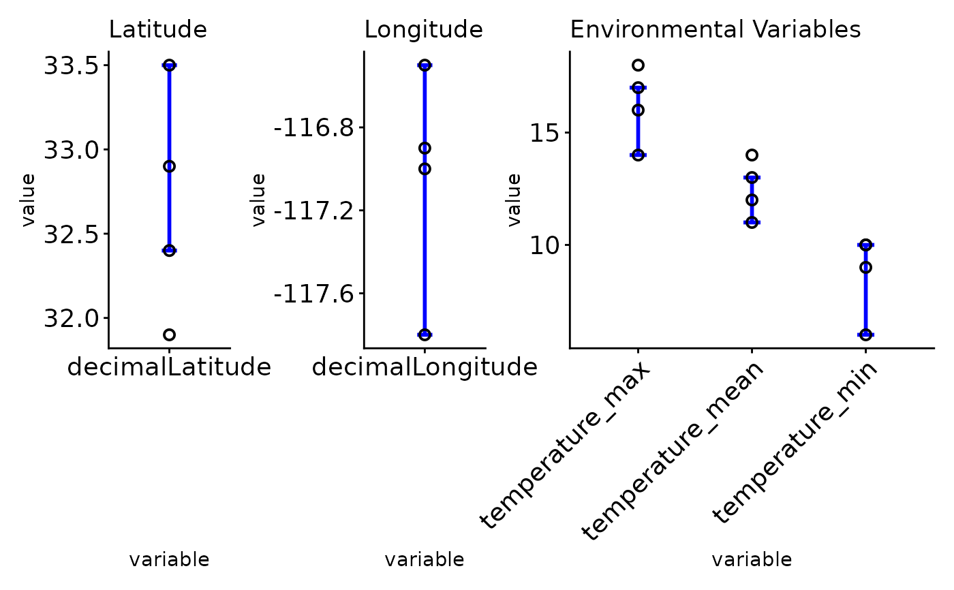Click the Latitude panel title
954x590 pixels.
(157, 30)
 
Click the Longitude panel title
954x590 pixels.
(423, 30)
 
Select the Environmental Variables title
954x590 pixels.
(715, 30)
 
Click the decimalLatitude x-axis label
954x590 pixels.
(169, 367)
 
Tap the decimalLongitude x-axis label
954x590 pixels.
(425, 367)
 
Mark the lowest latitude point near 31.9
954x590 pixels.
(169, 335)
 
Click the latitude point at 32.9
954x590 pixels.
(169, 166)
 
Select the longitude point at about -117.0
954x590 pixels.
(425, 169)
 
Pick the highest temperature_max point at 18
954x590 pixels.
(638, 65)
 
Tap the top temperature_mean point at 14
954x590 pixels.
(752, 155)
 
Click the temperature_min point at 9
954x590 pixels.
(865, 267)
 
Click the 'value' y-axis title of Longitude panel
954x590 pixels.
(258, 200)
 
